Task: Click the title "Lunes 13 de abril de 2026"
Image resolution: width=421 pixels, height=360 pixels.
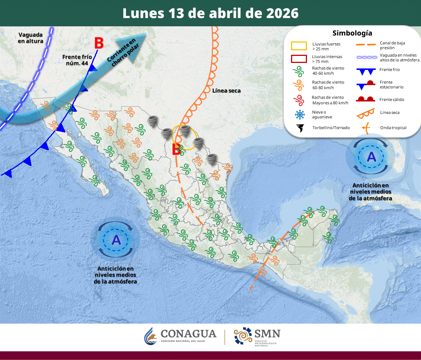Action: click(210, 13)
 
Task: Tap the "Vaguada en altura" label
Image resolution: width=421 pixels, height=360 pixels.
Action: click(30, 38)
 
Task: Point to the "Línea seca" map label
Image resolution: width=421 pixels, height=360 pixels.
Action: click(227, 91)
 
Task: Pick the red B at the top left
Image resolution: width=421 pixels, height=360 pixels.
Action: click(98, 43)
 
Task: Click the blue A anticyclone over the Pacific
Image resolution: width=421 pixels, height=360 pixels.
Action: click(116, 240)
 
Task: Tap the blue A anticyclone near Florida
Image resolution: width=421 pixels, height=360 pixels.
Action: click(371, 157)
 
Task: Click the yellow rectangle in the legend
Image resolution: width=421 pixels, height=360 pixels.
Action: click(299, 46)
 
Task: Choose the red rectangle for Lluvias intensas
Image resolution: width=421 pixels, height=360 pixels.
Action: click(299, 59)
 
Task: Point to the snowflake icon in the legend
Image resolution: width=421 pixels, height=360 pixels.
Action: click(300, 114)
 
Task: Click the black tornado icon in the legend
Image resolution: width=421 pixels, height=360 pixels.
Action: click(300, 128)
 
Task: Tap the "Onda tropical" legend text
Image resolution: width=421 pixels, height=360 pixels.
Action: click(393, 128)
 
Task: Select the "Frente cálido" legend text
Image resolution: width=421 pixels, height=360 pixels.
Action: click(392, 100)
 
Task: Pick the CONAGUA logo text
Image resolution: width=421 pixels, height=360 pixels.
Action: click(188, 334)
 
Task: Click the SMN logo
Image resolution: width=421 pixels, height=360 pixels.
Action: click(257, 336)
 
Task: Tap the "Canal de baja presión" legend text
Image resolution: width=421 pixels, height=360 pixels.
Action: click(392, 45)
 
